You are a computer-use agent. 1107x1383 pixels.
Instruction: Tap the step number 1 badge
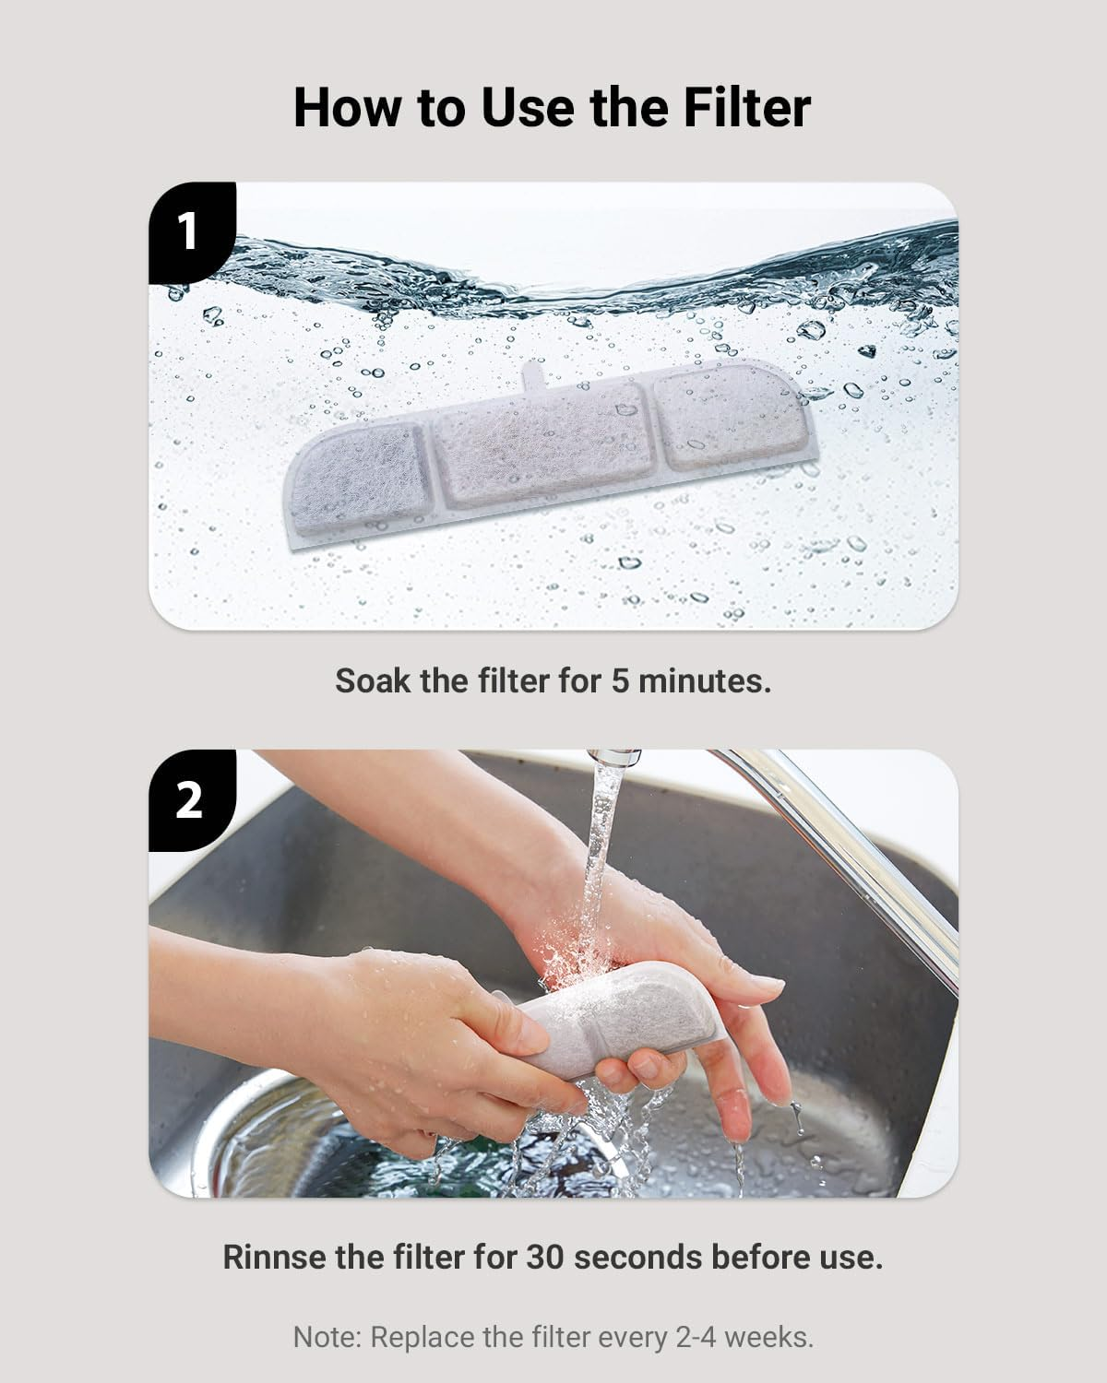pos(188,230)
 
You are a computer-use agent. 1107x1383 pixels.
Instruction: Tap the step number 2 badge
pos(188,798)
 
